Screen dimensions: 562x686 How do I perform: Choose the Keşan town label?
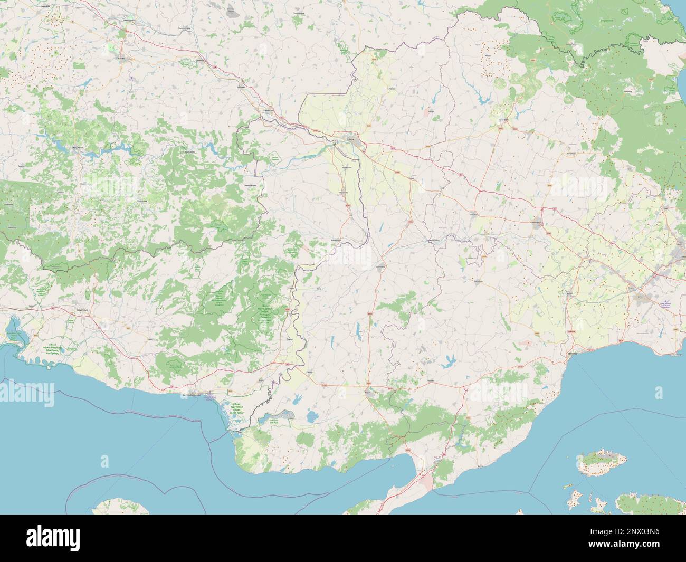367,392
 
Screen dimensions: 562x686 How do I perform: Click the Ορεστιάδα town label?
346,193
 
